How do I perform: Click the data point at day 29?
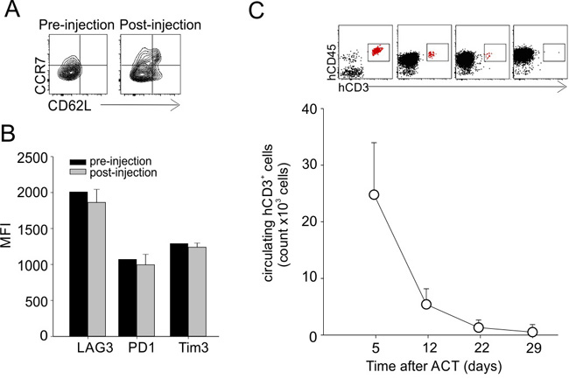coord(532,332)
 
